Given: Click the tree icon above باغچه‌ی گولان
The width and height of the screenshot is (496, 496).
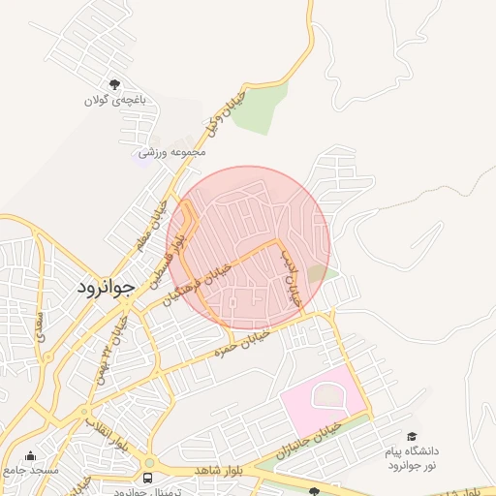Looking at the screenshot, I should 115,84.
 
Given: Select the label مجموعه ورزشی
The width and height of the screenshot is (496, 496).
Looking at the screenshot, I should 172,153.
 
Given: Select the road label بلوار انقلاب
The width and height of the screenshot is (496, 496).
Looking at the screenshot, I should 108,432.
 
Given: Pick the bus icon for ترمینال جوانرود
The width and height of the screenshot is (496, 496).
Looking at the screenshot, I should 147,478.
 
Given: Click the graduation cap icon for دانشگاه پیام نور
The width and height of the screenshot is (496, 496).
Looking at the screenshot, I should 413,437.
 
